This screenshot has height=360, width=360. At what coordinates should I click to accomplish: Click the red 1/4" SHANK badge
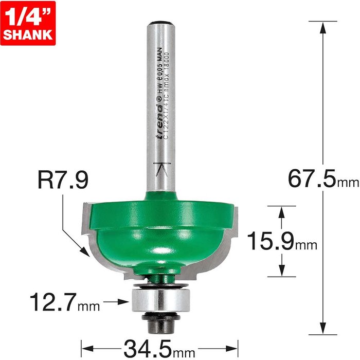click(28, 23)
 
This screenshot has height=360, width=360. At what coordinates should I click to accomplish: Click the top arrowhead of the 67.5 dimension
click(323, 26)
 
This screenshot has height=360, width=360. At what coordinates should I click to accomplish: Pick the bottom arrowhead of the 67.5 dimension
click(323, 330)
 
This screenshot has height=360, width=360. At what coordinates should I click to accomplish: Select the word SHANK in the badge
click(28, 35)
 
